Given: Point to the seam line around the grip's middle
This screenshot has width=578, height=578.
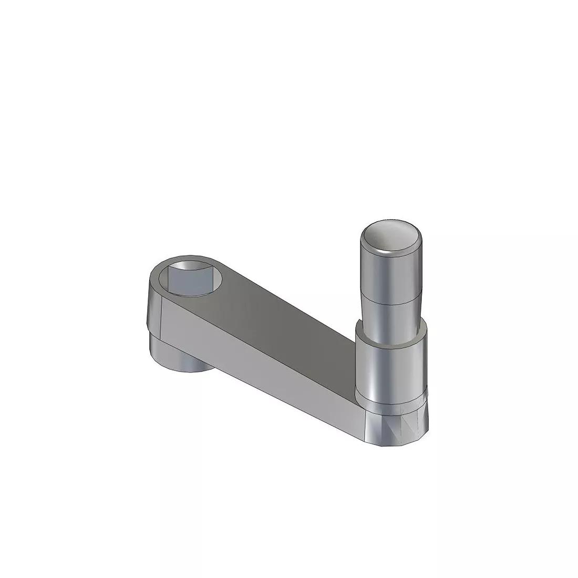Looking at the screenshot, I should click(390, 301).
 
